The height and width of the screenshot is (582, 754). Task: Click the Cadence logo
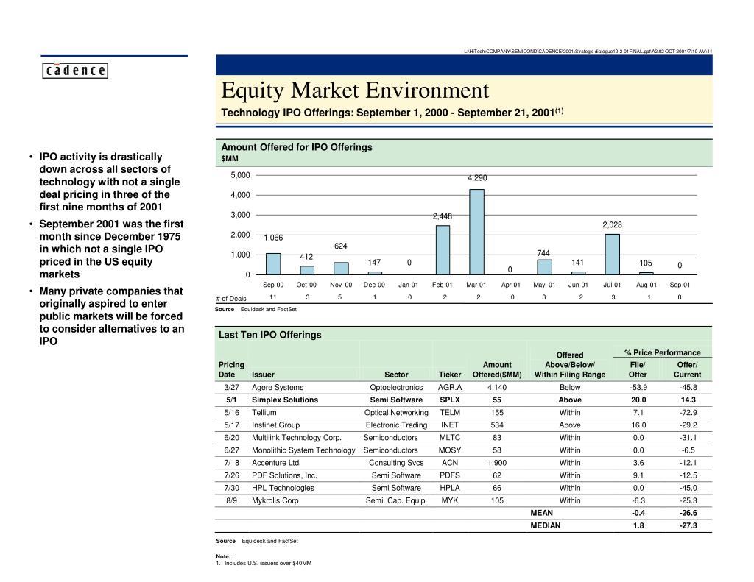pos(74,71)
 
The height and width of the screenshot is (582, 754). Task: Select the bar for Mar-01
pos(476,232)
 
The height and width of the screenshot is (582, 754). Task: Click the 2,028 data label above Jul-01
pos(613,224)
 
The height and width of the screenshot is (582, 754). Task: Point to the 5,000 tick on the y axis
pos(240,175)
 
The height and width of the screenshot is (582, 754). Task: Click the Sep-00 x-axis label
pos(272,285)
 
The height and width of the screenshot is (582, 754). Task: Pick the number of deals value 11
pos(272,297)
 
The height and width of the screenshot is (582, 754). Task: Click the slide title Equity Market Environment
pos(355,91)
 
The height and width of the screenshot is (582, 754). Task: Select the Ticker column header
pos(450,375)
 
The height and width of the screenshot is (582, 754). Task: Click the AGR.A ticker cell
pos(450,387)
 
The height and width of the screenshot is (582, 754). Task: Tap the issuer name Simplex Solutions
pos(285,400)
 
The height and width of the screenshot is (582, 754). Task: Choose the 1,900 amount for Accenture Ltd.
pos(497,463)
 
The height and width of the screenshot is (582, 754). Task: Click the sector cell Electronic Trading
pos(396,425)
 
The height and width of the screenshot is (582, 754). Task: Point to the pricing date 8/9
pos(231,500)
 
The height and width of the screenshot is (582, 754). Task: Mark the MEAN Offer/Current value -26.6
pos(688,513)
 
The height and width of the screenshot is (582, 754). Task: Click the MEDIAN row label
pos(545,525)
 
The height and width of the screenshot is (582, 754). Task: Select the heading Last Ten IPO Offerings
pos(270,335)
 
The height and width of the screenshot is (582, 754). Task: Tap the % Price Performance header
pos(662,353)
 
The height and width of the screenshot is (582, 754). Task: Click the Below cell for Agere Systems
pos(569,387)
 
